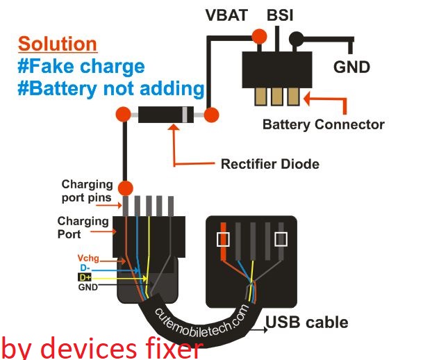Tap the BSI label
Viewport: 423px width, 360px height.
(x=280, y=15)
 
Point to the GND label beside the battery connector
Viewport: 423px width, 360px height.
(x=352, y=67)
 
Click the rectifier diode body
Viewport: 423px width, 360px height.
(x=165, y=114)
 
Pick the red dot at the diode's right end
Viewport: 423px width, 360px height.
(x=211, y=113)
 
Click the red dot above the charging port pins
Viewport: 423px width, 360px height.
(x=125, y=187)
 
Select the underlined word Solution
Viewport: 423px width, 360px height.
(x=57, y=44)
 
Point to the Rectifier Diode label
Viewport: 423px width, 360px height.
(x=269, y=164)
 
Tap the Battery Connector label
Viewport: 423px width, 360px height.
(x=323, y=125)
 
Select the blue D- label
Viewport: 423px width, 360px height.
(x=84, y=267)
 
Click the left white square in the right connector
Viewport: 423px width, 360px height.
(x=224, y=240)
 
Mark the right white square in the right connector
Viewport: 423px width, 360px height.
(x=281, y=240)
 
